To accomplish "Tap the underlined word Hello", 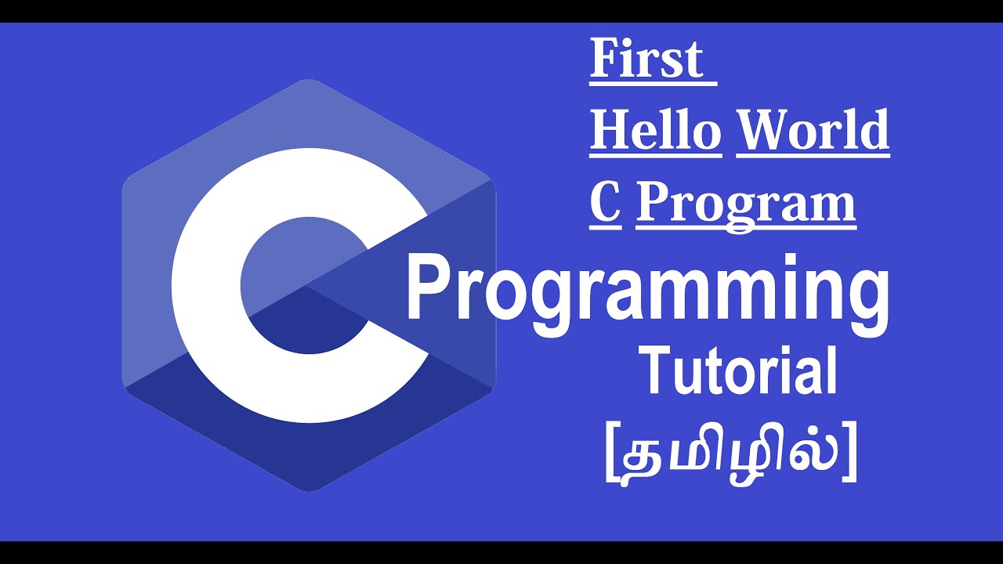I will pyautogui.click(x=655, y=130).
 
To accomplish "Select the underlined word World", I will pyautogui.click(x=813, y=130).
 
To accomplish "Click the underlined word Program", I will pyautogui.click(x=745, y=204).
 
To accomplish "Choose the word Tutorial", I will pyautogui.click(x=739, y=372).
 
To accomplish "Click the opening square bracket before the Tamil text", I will pyautogui.click(x=612, y=458).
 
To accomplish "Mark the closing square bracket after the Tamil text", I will pyautogui.click(x=849, y=458).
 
